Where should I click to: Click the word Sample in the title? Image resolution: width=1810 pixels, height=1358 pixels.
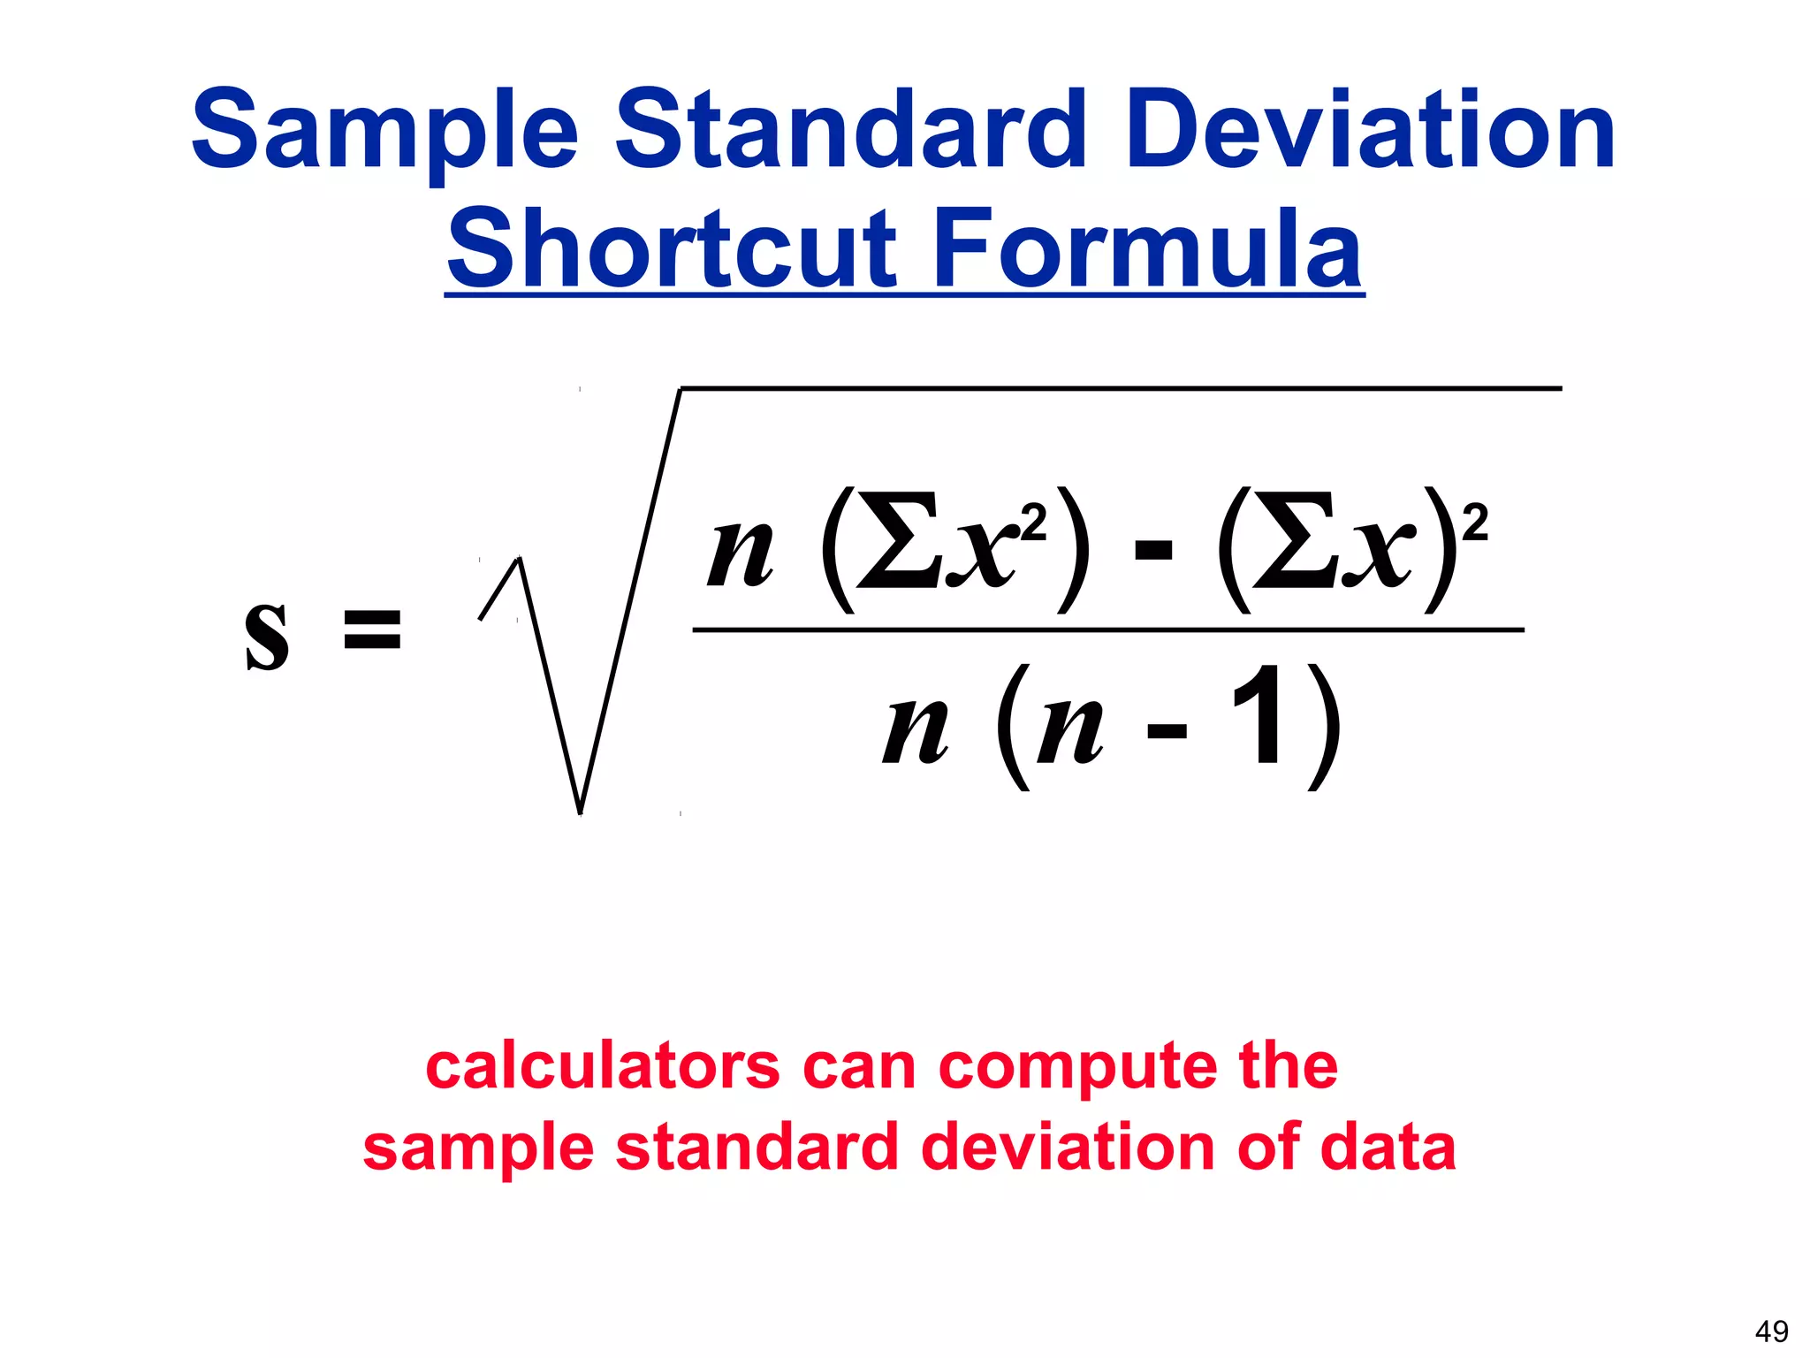pos(384,133)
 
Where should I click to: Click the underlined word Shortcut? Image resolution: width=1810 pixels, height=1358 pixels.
pos(672,249)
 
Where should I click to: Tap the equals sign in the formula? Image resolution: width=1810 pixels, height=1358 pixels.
pos(372,629)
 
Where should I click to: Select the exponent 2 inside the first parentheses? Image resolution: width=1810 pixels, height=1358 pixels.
pos(1032,523)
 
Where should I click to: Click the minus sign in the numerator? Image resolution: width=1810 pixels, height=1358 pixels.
pos(1153,553)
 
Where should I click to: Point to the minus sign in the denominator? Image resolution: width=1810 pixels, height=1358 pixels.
pos(1167,731)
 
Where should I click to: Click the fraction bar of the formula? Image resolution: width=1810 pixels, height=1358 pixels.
pos(1108,630)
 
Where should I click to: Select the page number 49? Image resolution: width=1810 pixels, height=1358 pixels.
pos(1771,1331)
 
